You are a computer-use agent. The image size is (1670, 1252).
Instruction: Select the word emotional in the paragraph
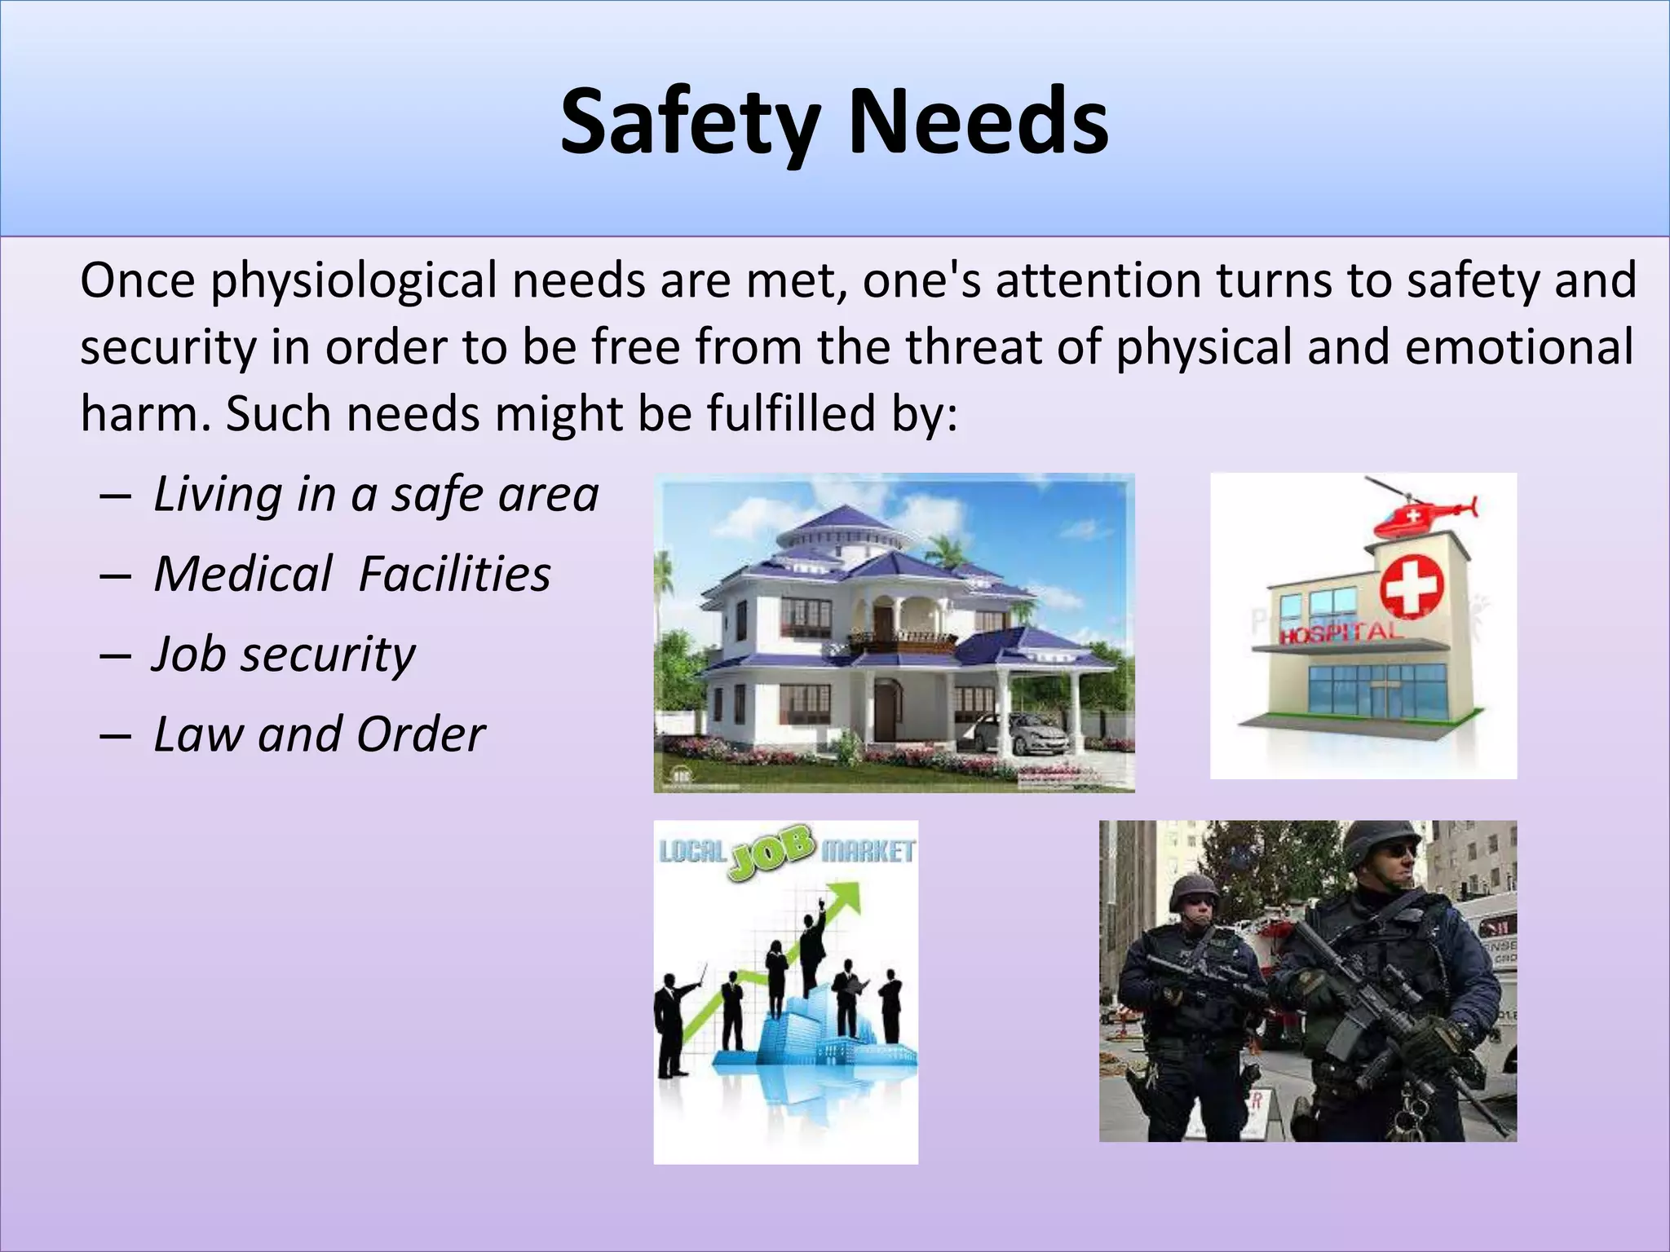click(x=1519, y=347)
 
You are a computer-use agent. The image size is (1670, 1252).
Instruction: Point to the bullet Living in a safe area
click(x=376, y=494)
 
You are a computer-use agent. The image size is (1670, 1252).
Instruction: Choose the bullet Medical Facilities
click(x=352, y=574)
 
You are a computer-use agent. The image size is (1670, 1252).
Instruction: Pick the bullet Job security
click(x=284, y=654)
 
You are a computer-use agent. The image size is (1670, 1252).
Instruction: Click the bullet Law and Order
click(x=320, y=734)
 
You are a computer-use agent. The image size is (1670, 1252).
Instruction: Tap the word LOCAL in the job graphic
click(x=691, y=852)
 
